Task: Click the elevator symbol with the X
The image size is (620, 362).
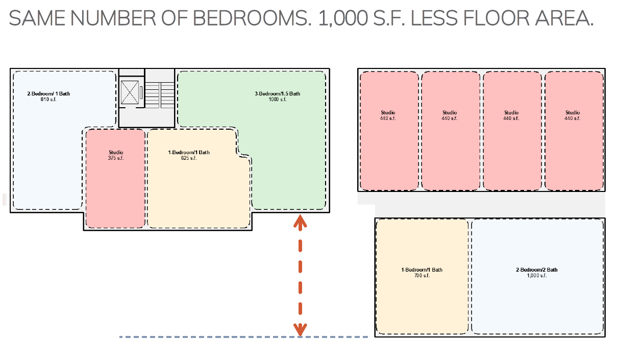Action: (x=130, y=92)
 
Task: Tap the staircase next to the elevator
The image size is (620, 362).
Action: (x=160, y=95)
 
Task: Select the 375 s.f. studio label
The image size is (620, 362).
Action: (x=116, y=155)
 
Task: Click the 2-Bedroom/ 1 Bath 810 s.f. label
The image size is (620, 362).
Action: (x=48, y=96)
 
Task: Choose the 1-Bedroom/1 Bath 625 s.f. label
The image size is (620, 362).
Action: (x=189, y=155)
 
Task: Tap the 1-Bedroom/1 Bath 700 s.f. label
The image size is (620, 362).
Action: (x=422, y=273)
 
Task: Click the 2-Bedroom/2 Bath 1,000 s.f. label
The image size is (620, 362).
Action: (x=537, y=273)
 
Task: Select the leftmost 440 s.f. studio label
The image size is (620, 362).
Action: (x=388, y=115)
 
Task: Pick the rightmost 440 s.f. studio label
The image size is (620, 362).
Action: (x=573, y=115)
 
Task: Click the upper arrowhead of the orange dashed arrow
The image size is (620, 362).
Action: (x=300, y=222)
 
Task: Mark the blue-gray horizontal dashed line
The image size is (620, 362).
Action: (x=243, y=337)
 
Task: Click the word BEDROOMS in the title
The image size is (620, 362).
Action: (x=252, y=18)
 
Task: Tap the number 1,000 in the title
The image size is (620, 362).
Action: (x=343, y=18)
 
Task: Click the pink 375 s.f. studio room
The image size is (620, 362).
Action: (x=115, y=179)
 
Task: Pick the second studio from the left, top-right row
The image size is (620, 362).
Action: (x=451, y=131)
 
